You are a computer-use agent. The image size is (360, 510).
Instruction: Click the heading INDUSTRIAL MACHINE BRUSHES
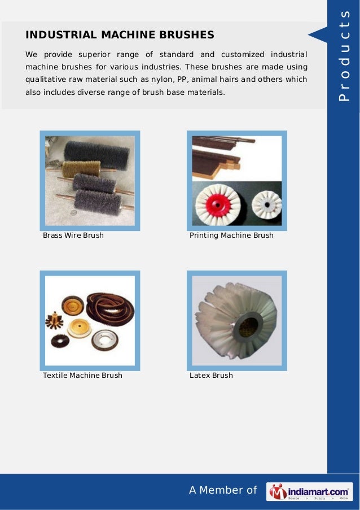[x=120, y=35]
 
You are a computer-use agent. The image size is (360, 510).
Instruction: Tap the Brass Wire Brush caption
[x=73, y=235]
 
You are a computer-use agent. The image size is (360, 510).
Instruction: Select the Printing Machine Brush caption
[x=231, y=235]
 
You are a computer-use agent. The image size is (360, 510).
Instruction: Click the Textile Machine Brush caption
[x=82, y=375]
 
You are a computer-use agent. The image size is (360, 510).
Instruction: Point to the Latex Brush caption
[x=211, y=375]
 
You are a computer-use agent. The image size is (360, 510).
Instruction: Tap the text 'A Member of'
[x=223, y=490]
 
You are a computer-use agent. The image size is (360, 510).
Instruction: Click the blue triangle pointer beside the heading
[x=318, y=35]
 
